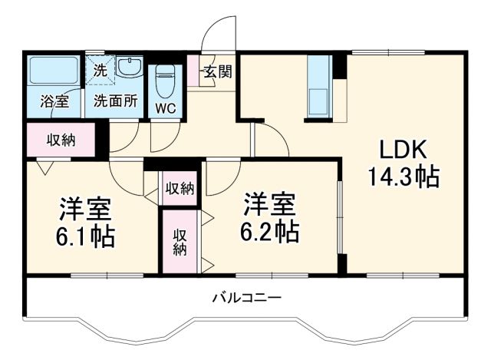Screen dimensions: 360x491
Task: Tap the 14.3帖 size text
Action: click(401, 178)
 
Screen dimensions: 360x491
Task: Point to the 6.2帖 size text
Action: click(268, 230)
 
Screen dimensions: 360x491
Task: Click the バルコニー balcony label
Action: click(246, 298)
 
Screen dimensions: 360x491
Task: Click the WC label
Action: click(166, 108)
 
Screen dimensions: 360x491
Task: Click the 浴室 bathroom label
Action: click(53, 101)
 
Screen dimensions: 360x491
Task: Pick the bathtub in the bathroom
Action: click(53, 74)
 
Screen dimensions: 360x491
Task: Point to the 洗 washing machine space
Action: click(101, 68)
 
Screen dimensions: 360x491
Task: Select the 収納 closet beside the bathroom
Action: click(61, 140)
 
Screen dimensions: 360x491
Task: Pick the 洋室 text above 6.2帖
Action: click(269, 203)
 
